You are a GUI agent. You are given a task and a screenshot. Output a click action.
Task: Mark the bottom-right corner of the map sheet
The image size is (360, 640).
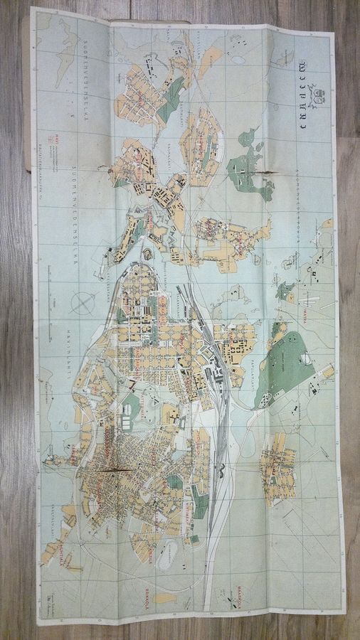[346, 612]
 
